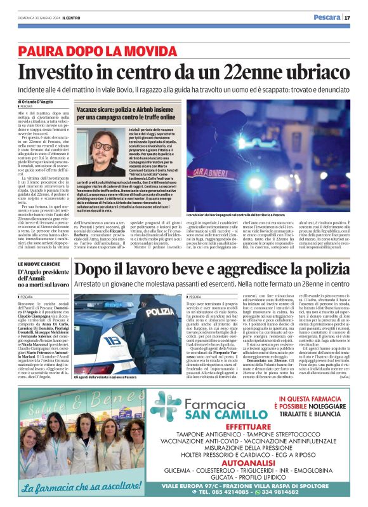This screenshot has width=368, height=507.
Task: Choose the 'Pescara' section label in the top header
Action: coord(329,17)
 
